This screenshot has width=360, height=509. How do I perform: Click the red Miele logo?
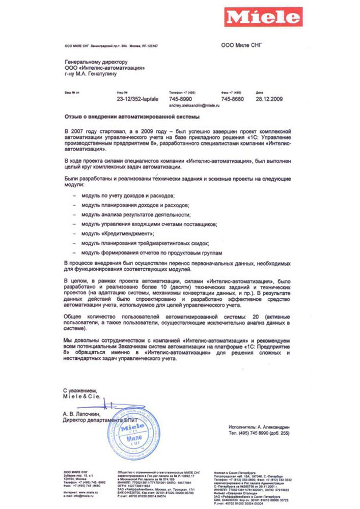[x=264, y=18]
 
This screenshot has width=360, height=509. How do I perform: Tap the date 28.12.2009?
[x=268, y=98]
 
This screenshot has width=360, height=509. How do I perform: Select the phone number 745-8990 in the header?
[x=180, y=98]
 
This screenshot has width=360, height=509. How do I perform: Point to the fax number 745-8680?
[x=232, y=98]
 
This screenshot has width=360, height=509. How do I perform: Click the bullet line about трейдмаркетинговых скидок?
[x=145, y=243]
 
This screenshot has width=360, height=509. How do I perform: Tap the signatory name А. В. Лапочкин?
[x=85, y=415]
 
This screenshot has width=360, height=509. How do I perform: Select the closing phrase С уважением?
[x=79, y=390]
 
